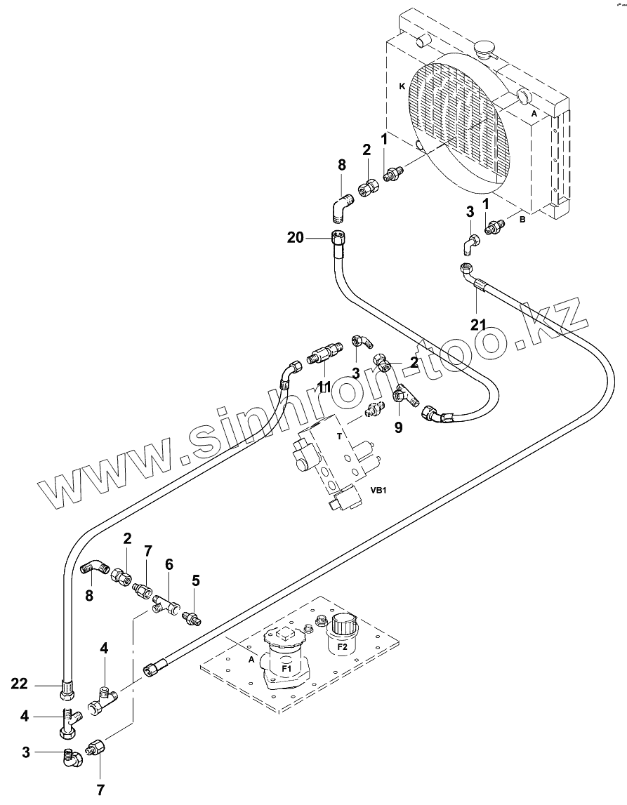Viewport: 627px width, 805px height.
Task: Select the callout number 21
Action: tap(479, 324)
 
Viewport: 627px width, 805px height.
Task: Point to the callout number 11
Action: tap(324, 387)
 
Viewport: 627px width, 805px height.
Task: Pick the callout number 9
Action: tap(398, 426)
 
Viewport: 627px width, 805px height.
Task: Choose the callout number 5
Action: tap(196, 580)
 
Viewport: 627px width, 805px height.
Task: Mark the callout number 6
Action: tap(169, 564)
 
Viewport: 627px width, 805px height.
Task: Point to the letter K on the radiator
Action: tap(402, 86)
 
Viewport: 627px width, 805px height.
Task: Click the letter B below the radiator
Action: tap(522, 219)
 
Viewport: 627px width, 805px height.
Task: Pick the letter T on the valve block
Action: tap(339, 435)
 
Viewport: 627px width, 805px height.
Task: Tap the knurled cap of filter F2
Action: tap(344, 621)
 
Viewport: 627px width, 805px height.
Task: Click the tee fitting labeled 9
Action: tap(402, 396)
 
